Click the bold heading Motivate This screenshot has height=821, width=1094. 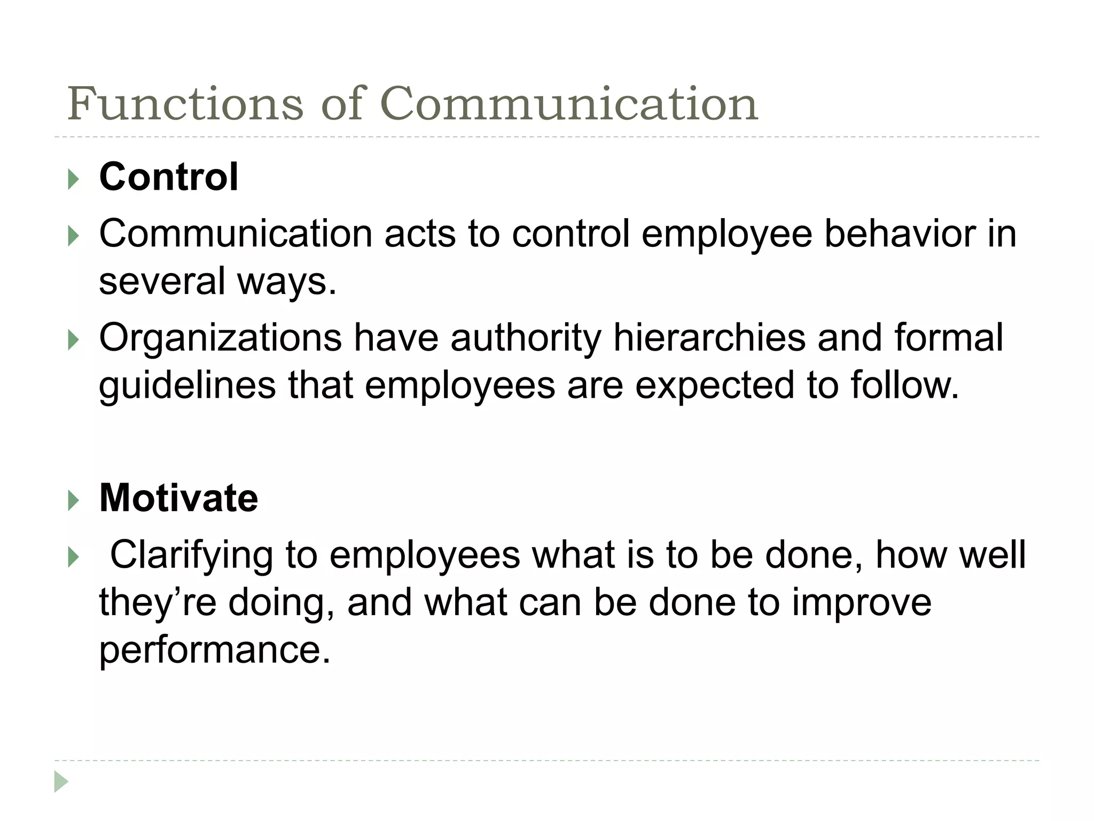point(178,498)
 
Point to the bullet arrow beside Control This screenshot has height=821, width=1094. point(74,179)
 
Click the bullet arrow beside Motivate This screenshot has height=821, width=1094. point(74,500)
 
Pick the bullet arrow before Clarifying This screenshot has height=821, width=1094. point(74,557)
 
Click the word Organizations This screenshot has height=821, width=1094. point(220,338)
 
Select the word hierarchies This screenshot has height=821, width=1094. point(709,338)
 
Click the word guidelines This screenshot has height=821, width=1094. point(187,385)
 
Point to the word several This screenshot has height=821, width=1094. point(162,281)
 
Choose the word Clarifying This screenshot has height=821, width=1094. point(191,555)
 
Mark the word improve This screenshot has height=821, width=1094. point(862,603)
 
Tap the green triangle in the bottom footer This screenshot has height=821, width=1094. point(61,782)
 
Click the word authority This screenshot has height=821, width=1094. point(526,338)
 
